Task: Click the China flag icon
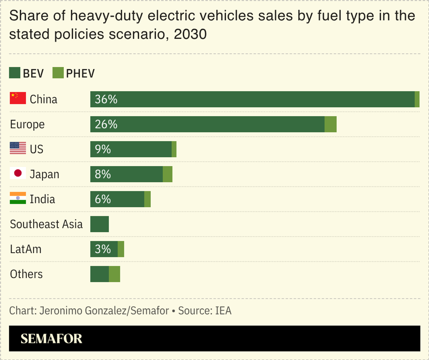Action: (18, 98)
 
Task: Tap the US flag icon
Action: (18, 148)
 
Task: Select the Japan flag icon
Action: (18, 173)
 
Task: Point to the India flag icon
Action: (18, 198)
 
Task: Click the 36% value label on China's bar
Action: (106, 99)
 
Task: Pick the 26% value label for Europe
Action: (106, 124)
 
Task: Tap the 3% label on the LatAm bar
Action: (103, 249)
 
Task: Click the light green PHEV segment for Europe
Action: (330, 124)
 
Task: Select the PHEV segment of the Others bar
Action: (114, 274)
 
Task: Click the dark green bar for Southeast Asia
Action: (99, 224)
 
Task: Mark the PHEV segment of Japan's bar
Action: (168, 174)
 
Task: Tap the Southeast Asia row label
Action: (46, 224)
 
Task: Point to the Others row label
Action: (26, 274)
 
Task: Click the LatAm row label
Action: (26, 249)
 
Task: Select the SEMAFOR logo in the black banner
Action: (51, 338)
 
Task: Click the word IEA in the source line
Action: (223, 311)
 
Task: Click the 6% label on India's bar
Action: (103, 199)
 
